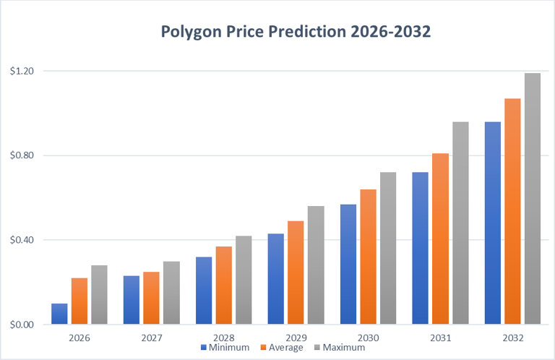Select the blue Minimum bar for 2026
tap(59, 314)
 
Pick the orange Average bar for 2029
tap(296, 273)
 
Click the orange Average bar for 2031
tap(440, 239)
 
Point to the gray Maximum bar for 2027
tap(171, 293)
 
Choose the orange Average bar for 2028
tap(223, 286)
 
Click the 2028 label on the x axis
tap(224, 337)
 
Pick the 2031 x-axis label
tap(440, 337)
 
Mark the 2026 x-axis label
tap(79, 337)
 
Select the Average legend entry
tap(283, 348)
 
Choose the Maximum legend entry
tap(339, 348)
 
